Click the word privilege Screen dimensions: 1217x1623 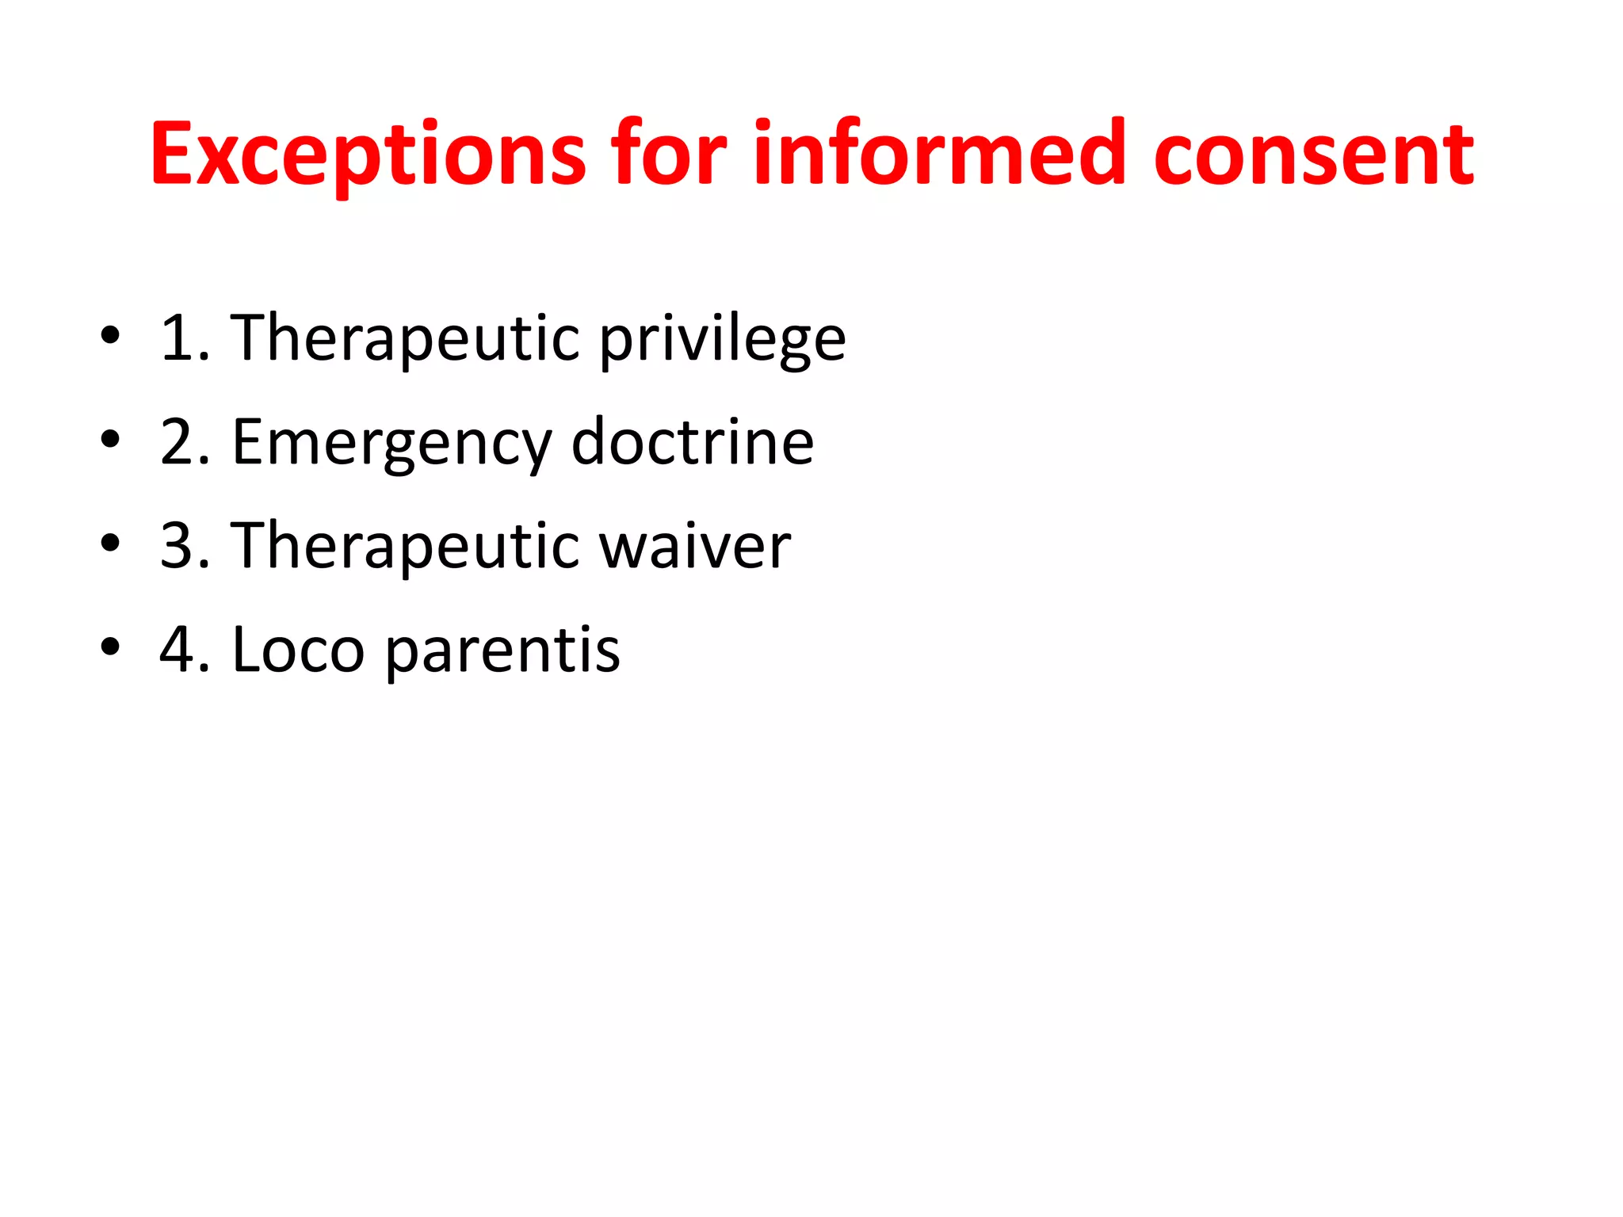click(722, 339)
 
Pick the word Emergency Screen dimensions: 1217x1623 click(391, 443)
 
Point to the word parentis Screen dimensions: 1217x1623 click(502, 651)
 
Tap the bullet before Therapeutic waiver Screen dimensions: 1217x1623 click(110, 543)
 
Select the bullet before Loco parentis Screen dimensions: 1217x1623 click(110, 647)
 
